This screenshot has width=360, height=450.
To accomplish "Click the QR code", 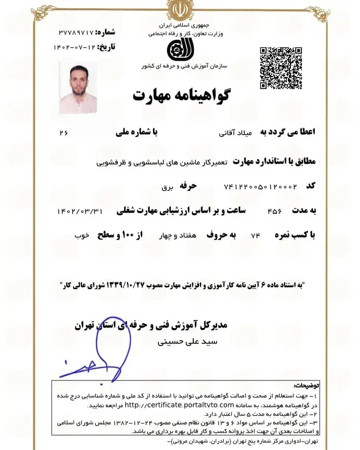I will [281, 68].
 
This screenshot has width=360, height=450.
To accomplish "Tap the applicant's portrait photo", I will [78, 88].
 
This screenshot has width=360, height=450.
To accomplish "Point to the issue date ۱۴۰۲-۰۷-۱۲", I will [75, 48].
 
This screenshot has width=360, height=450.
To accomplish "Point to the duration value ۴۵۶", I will [274, 211].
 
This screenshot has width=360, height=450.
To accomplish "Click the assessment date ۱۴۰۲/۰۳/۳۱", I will [81, 211].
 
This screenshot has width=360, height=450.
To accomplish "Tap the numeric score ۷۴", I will [255, 236].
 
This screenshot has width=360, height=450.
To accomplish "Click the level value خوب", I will [81, 236].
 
